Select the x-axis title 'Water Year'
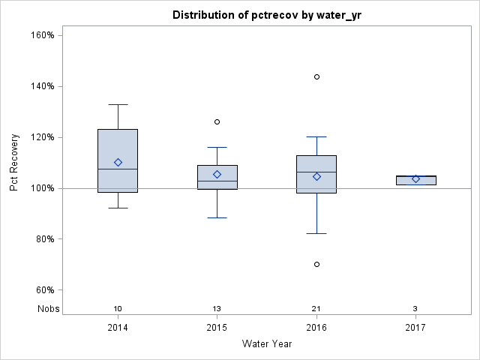267,344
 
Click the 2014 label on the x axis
118,328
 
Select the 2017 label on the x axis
415,328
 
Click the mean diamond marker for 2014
118,162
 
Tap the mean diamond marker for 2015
217,174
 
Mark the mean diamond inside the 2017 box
415,178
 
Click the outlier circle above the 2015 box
217,121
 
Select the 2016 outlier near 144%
316,76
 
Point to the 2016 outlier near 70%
316,264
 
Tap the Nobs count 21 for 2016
316,309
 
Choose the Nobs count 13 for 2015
217,309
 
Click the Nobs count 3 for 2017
415,309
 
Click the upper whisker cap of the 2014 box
118,104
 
